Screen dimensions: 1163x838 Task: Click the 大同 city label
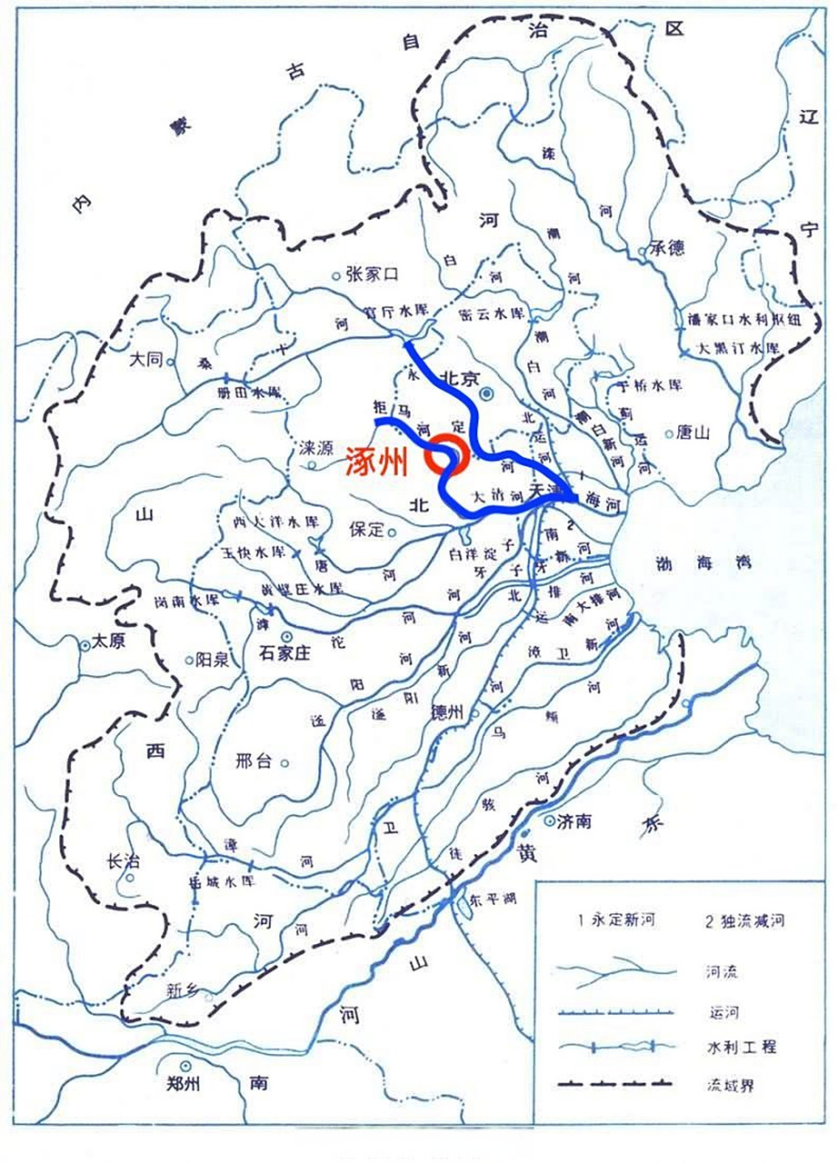coord(145,360)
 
